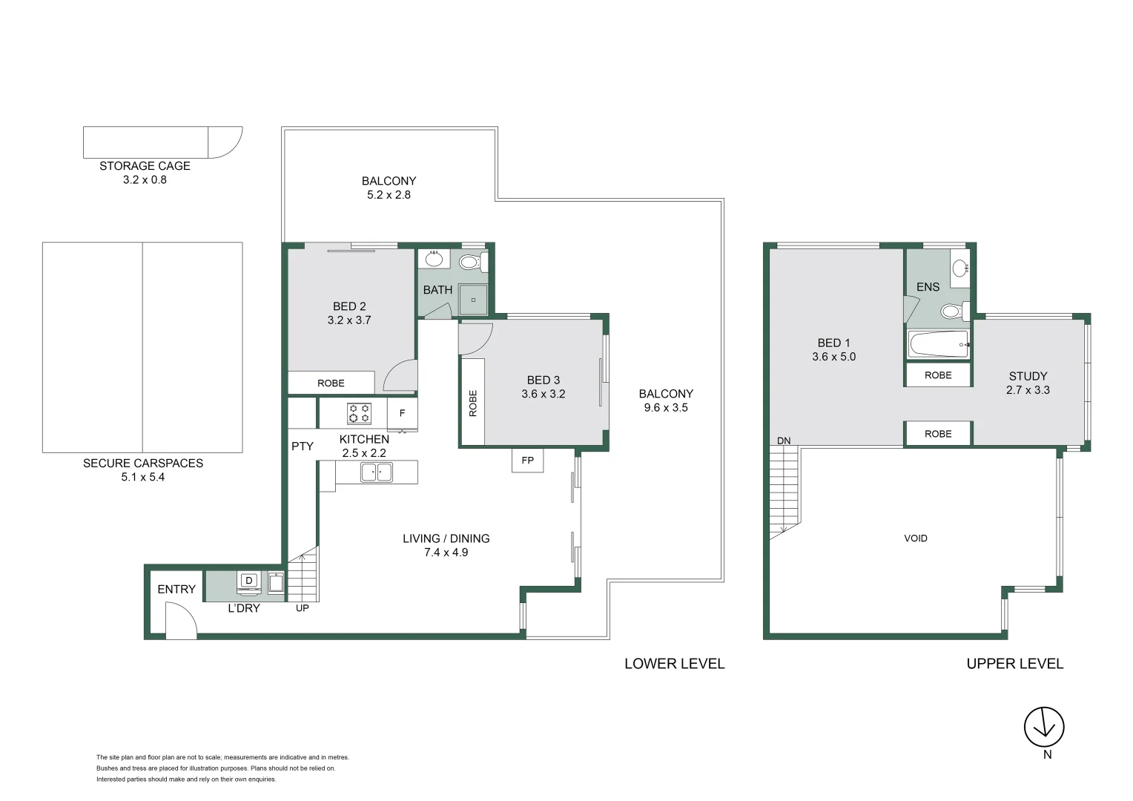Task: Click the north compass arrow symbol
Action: point(1045,727)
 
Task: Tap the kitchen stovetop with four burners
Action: point(359,413)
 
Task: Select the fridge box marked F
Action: point(402,413)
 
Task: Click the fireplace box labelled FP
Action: point(527,461)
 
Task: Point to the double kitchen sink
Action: point(377,472)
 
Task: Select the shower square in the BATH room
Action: point(473,300)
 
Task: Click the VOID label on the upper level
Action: point(916,538)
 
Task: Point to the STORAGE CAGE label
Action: point(145,166)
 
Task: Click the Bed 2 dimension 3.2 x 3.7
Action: point(349,320)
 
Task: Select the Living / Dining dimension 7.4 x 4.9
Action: point(446,553)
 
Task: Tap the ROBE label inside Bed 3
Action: point(473,403)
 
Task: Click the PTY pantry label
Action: point(303,446)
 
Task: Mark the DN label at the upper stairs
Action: point(784,441)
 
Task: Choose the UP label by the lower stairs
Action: point(303,608)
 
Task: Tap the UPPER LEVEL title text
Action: point(1014,664)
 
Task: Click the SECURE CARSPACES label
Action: point(143,464)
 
